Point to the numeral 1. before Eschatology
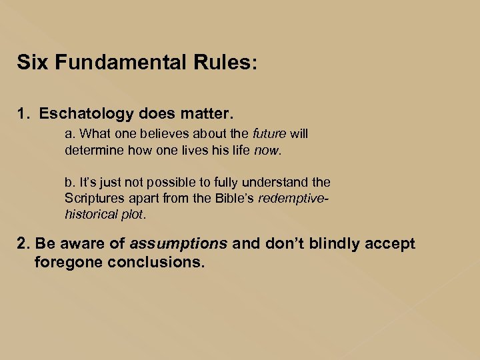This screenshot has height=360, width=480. click(x=24, y=114)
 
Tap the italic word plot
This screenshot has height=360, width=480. click(x=131, y=214)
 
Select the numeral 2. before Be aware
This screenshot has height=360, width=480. click(x=23, y=244)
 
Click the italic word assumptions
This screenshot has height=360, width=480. click(x=179, y=244)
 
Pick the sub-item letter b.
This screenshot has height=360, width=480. click(x=69, y=182)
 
